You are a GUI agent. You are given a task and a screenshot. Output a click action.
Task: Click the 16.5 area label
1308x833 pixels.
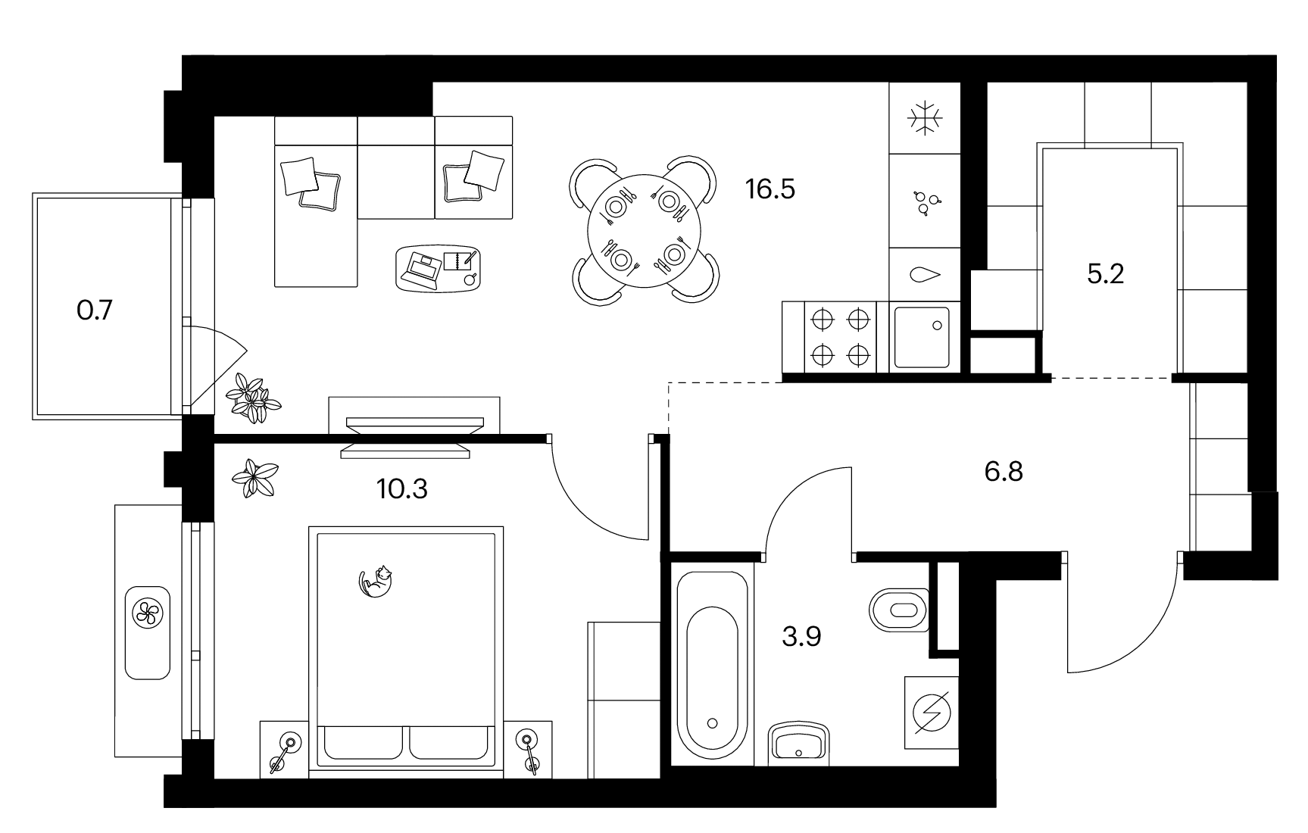click(770, 189)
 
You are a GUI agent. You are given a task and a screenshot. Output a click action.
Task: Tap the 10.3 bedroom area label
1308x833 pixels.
click(402, 489)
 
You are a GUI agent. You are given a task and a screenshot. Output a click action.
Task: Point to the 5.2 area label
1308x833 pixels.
click(1105, 273)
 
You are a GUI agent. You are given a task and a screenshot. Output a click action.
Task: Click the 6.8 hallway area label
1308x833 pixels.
click(1004, 472)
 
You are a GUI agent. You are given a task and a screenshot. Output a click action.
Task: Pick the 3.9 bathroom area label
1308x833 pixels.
click(801, 637)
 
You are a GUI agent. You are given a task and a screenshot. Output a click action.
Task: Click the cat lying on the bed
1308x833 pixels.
click(376, 581)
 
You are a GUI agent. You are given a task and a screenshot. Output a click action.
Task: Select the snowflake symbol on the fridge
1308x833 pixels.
click(925, 119)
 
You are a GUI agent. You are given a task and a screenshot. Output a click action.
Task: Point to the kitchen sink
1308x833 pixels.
click(922, 337)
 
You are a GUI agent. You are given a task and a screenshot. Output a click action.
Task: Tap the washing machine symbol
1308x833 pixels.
click(932, 713)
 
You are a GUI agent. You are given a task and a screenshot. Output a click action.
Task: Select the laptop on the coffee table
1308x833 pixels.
click(423, 269)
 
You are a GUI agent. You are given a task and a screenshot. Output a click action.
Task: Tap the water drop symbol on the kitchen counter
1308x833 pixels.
click(925, 275)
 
